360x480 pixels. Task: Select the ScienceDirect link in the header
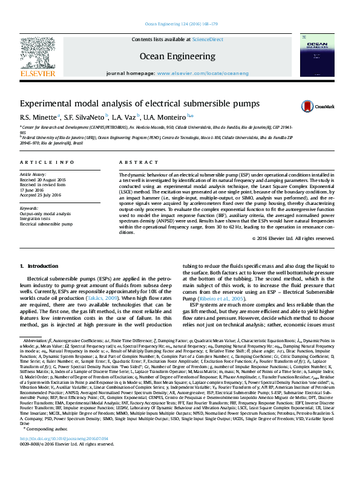pyautogui.click(x=208, y=39)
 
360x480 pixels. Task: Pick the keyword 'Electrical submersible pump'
pyautogui.click(x=48, y=223)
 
